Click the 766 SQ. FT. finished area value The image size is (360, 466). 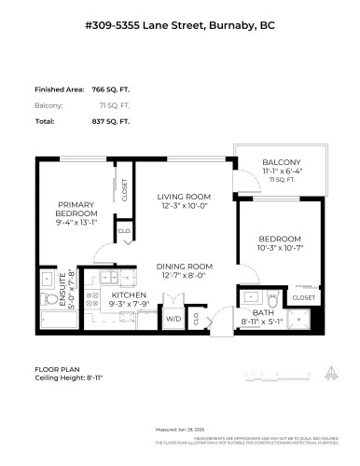[x=109, y=89]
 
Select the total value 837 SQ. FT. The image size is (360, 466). [x=109, y=121]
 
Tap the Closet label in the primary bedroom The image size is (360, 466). [x=125, y=190]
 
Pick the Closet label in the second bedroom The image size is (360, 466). [x=303, y=297]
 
